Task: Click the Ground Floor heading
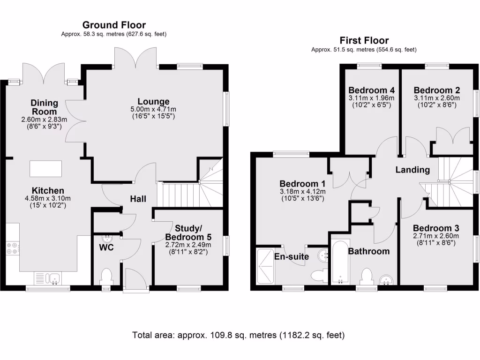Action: click(114, 25)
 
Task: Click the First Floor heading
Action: click(364, 40)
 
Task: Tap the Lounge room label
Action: click(153, 102)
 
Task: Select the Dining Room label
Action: click(44, 107)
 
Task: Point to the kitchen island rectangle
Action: click(45, 167)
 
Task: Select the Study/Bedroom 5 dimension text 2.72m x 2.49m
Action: click(188, 244)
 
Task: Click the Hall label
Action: click(138, 199)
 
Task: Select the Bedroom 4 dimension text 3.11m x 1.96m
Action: click(371, 98)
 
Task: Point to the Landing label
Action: click(412, 170)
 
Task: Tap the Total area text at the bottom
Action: click(239, 335)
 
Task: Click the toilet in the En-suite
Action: click(317, 275)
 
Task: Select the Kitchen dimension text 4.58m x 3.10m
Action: click(48, 199)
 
